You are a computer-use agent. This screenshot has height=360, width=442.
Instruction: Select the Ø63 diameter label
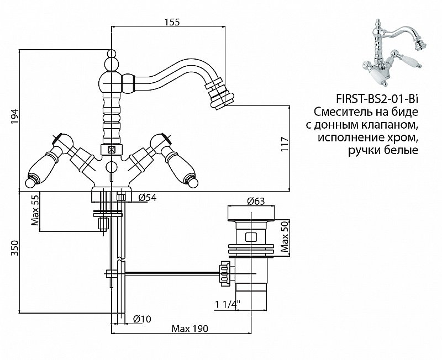tap(254, 201)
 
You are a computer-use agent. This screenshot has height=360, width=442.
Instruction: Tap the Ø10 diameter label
tap(143, 318)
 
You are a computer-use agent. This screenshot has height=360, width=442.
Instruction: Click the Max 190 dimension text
tap(190, 329)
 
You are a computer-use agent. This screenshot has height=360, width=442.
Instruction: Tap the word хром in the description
tap(402, 137)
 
